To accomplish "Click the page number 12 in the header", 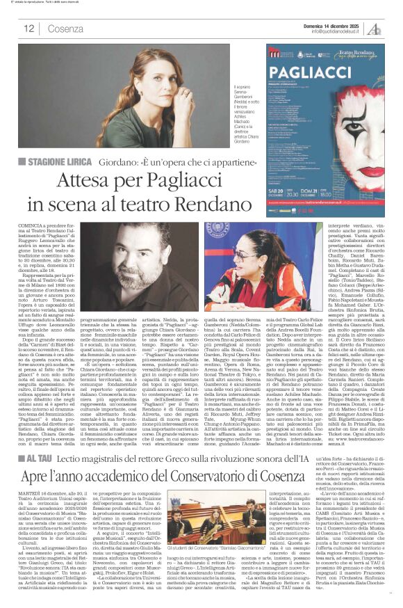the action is click(x=28, y=29).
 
